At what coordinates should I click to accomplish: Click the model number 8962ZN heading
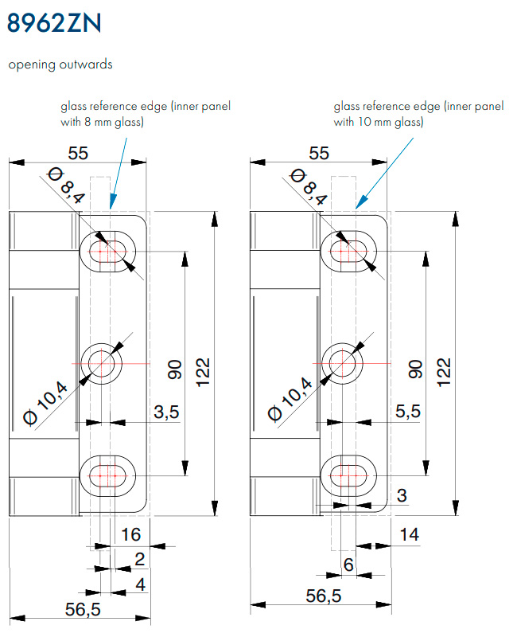pyautogui.click(x=54, y=23)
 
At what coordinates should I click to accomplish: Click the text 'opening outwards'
pyautogui.click(x=60, y=64)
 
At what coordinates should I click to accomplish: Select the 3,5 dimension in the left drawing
pyautogui.click(x=166, y=412)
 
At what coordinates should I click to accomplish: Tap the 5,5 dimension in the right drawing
pyautogui.click(x=408, y=411)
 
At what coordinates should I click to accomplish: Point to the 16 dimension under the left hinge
pyautogui.click(x=130, y=534)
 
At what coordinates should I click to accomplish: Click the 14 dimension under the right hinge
pyautogui.click(x=409, y=534)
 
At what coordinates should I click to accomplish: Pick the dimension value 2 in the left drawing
pyautogui.click(x=140, y=560)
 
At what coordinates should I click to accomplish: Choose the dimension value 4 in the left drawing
pyautogui.click(x=141, y=584)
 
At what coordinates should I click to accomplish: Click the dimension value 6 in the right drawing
pyautogui.click(x=348, y=565)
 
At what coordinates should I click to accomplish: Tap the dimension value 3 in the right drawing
pyautogui.click(x=402, y=495)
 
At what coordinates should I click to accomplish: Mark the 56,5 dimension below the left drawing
pyautogui.click(x=83, y=609)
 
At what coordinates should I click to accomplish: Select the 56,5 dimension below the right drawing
pyautogui.click(x=324, y=596)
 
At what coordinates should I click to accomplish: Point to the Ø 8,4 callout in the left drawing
pyautogui.click(x=66, y=186)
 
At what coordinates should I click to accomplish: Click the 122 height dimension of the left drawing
pyautogui.click(x=203, y=373)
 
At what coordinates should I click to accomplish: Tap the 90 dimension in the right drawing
pyautogui.click(x=415, y=369)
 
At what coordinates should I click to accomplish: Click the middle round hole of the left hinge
pyautogui.click(x=101, y=363)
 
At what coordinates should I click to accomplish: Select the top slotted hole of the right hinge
pyautogui.click(x=348, y=252)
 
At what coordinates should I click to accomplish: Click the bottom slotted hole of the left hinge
pyautogui.click(x=107, y=475)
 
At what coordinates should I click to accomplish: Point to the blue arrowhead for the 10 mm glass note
pyautogui.click(x=362, y=202)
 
